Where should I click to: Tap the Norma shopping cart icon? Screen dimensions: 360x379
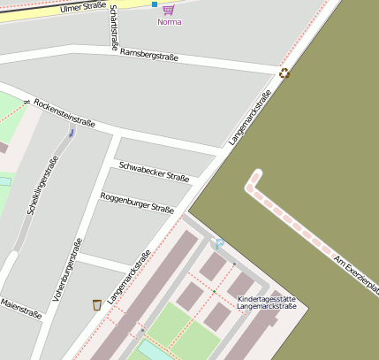[x=168, y=9]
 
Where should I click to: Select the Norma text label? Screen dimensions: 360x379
[x=169, y=22]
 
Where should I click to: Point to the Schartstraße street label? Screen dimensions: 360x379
[x=112, y=27]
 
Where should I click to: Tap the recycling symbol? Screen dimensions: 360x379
[x=284, y=73]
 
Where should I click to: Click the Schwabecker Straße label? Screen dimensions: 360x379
[x=154, y=171]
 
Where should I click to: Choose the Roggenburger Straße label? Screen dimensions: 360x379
[x=136, y=203]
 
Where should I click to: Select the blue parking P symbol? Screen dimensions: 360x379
[x=219, y=244]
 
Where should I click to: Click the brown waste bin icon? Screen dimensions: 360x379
[x=97, y=305]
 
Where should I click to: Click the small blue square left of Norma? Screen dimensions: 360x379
[x=155, y=4]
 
